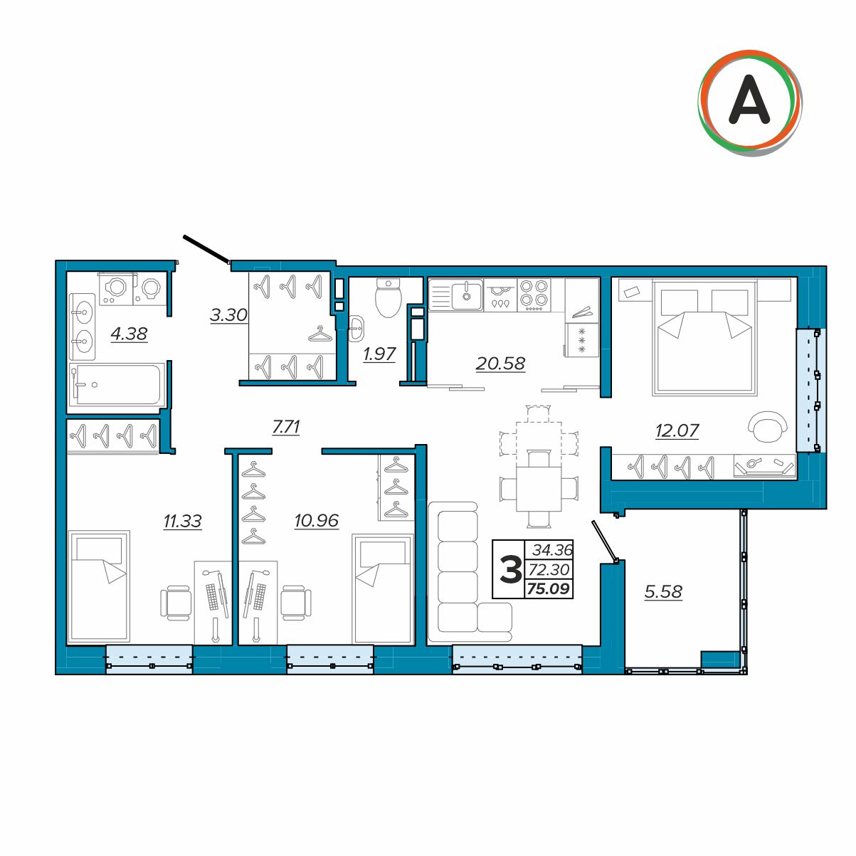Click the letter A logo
pyautogui.click(x=749, y=102)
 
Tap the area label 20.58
pyautogui.click(x=500, y=364)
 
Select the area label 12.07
pyautogui.click(x=677, y=430)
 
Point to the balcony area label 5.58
pyautogui.click(x=662, y=591)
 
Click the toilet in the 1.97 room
pyautogui.click(x=389, y=297)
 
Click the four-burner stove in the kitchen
pyautogui.click(x=534, y=295)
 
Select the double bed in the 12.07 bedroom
pyautogui.click(x=704, y=337)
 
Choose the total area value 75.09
pyautogui.click(x=548, y=588)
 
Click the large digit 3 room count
pyautogui.click(x=510, y=570)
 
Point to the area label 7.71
pyautogui.click(x=286, y=427)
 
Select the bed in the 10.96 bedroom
pyautogui.click(x=383, y=588)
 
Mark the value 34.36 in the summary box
pyautogui.click(x=552, y=550)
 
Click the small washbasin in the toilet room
pyautogui.click(x=357, y=329)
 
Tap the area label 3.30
pyautogui.click(x=228, y=315)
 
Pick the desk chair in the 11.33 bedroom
pyautogui.click(x=176, y=602)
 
